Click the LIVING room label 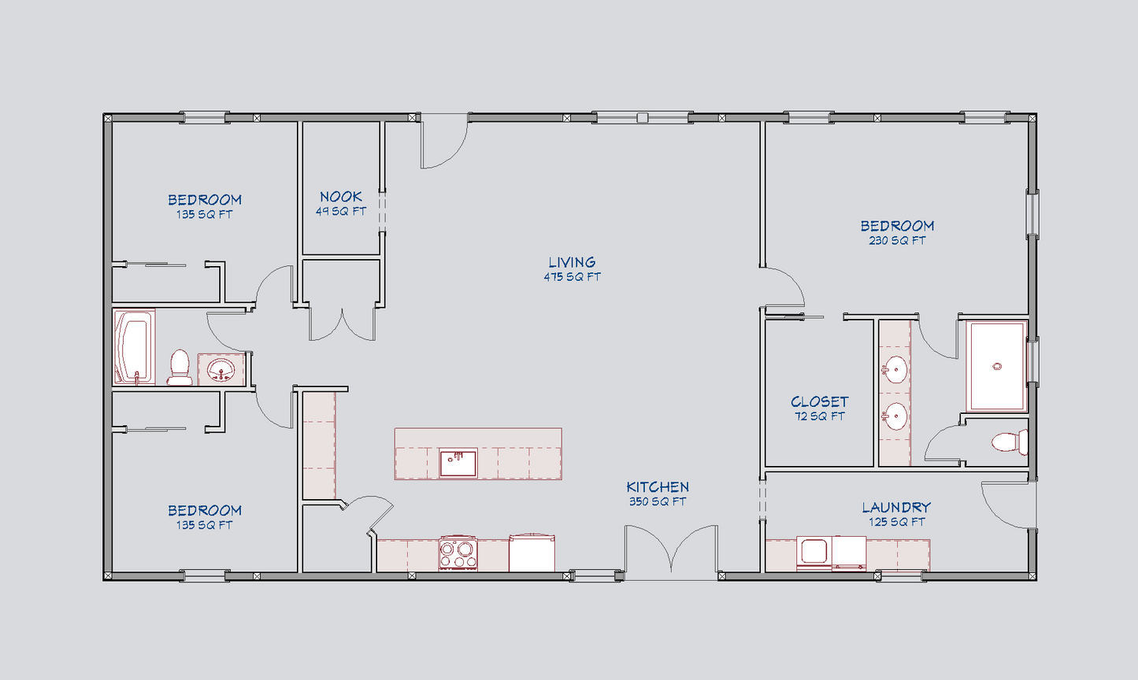coord(572,262)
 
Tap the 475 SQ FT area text coord(572,277)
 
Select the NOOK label coord(341,197)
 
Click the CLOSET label coord(819,401)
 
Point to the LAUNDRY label coord(896,508)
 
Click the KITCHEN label coord(658,487)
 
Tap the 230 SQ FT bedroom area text coord(897,241)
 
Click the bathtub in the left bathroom coord(133,347)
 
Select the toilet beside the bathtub coord(180,367)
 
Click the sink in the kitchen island coord(458,463)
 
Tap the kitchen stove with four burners coord(458,552)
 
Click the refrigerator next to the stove coord(532,552)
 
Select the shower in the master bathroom coord(996,366)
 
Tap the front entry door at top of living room coord(444,142)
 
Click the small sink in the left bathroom coord(221,370)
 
